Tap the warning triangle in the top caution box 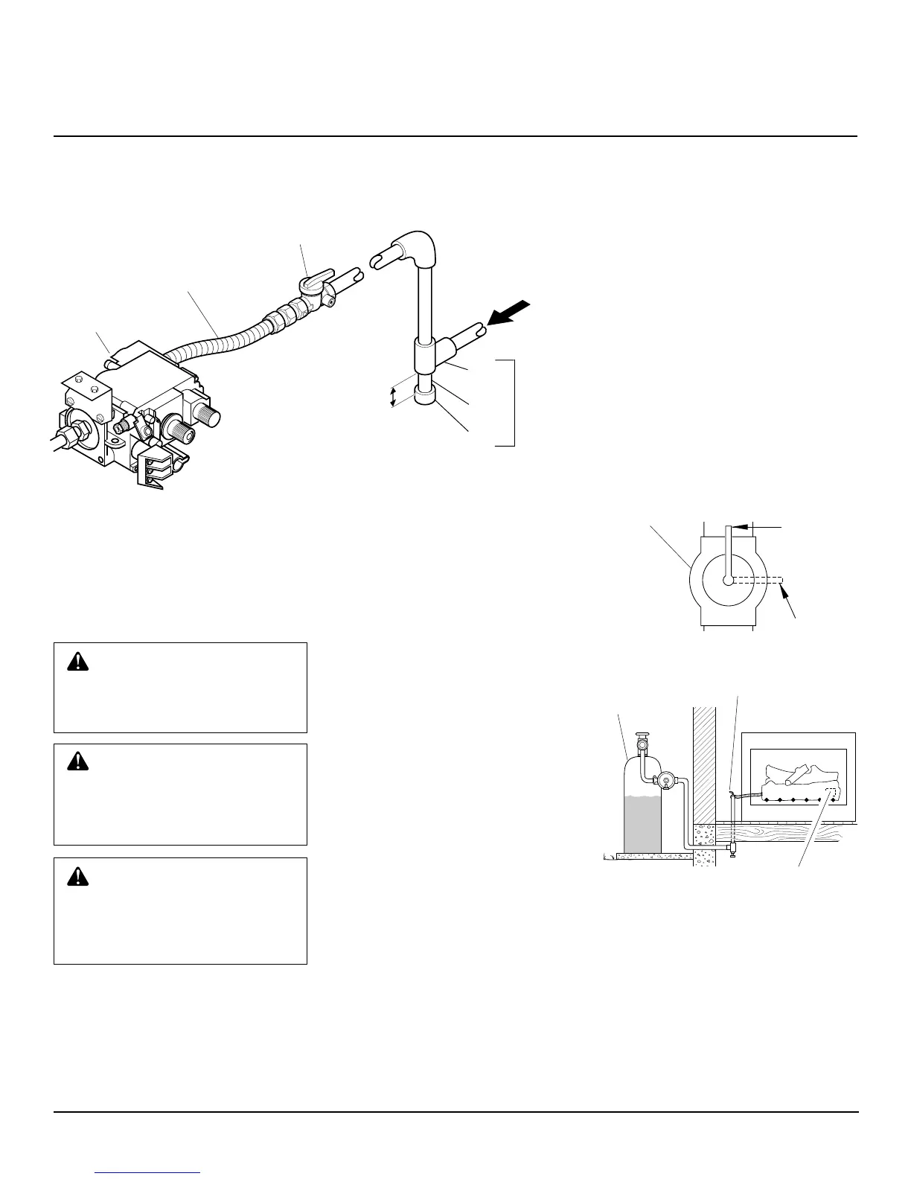click(77, 662)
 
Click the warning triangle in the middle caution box click(77, 761)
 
